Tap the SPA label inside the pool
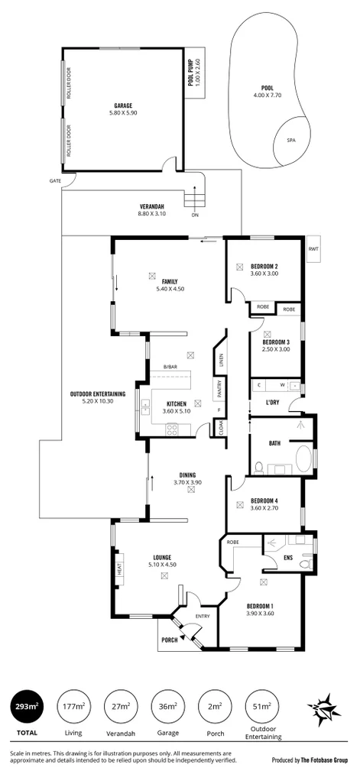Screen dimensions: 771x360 (x=290, y=141)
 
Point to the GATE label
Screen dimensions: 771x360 (x=55, y=181)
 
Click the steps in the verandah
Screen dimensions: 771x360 (x=195, y=201)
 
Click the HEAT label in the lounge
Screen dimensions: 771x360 (x=119, y=569)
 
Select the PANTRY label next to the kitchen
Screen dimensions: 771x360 (x=217, y=390)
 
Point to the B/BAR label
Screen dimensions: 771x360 (x=170, y=368)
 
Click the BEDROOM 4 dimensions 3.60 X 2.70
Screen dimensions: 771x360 (x=263, y=508)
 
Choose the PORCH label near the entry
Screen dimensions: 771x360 (x=168, y=640)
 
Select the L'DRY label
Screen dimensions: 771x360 (x=274, y=403)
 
